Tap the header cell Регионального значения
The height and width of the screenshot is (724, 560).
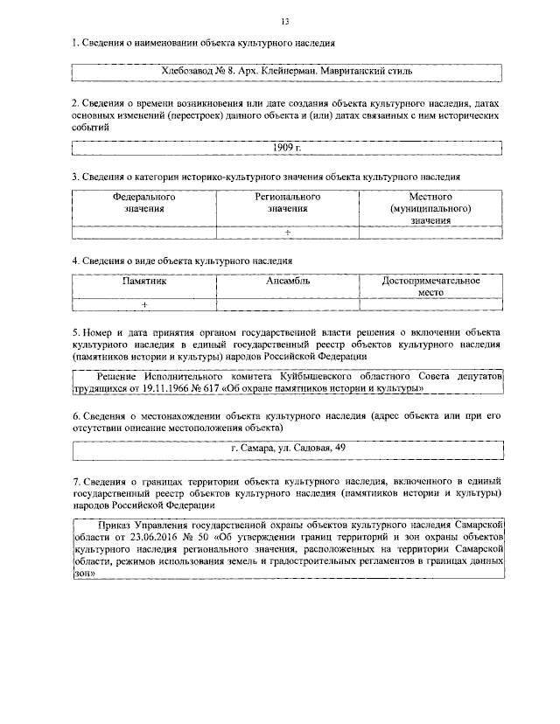(x=287, y=203)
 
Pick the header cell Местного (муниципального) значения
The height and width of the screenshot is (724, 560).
(x=430, y=209)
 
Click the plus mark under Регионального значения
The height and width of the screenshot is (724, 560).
(x=287, y=232)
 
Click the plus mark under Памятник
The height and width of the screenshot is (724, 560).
(x=143, y=303)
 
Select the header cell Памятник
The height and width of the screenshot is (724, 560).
(x=143, y=282)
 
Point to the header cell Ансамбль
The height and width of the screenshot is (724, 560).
(x=287, y=282)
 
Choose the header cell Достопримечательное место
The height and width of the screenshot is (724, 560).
(x=430, y=288)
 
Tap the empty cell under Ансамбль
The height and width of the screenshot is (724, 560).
(x=287, y=303)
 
